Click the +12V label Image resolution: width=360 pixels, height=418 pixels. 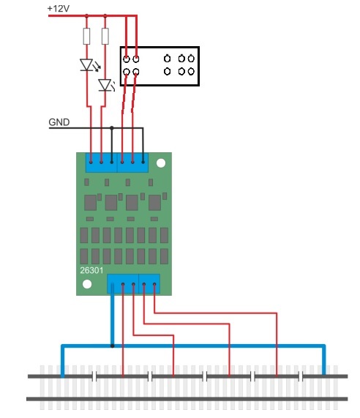[x=59, y=9]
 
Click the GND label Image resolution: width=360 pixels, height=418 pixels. [x=59, y=122]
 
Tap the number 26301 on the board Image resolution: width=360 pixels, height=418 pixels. [x=91, y=270]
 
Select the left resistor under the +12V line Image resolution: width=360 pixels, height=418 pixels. [x=86, y=36]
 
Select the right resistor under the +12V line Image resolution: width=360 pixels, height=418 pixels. [x=105, y=36]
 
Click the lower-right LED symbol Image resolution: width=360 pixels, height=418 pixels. [x=106, y=85]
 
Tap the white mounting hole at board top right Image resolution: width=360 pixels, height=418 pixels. [x=161, y=163]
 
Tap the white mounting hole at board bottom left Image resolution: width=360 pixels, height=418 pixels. [x=87, y=284]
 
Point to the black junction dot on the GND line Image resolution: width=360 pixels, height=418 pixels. [x=112, y=128]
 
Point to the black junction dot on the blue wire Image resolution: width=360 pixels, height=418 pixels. [x=113, y=346]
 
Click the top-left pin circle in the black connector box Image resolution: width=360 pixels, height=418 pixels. [x=127, y=59]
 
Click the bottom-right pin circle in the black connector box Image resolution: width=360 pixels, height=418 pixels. [x=191, y=71]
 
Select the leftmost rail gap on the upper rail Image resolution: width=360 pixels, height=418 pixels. [x=94, y=376]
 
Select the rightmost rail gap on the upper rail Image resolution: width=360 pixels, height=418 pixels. [x=301, y=376]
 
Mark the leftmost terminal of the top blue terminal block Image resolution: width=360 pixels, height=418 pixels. [x=91, y=162]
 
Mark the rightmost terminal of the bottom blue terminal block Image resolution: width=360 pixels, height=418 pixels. [x=154, y=285]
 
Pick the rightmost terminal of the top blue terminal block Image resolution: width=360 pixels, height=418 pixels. [x=143, y=162]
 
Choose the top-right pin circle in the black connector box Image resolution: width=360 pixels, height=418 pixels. [x=191, y=59]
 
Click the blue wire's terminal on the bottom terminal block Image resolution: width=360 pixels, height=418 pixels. [x=112, y=285]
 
